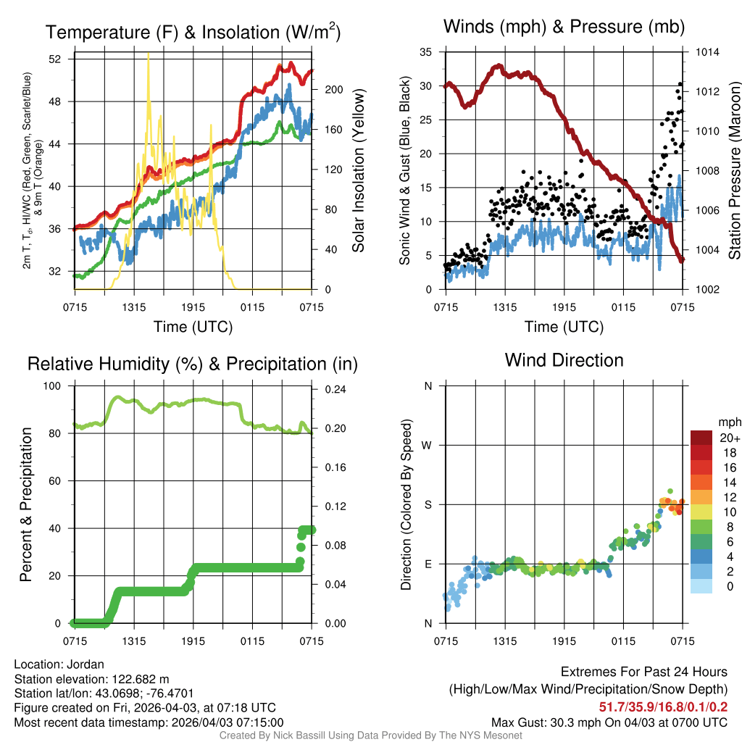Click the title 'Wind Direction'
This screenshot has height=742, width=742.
[x=564, y=360]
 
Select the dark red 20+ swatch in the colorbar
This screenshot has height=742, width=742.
[x=701, y=438]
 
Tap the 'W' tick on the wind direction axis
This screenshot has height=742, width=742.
[x=428, y=445]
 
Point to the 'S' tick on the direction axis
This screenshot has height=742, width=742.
[x=428, y=504]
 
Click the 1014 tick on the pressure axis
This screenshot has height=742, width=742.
[x=708, y=52]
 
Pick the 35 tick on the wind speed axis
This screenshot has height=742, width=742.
[x=426, y=52]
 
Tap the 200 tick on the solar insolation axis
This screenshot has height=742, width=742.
[x=330, y=90]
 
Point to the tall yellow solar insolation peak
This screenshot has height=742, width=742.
[x=149, y=58]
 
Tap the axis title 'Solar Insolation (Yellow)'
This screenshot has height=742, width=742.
[x=358, y=170]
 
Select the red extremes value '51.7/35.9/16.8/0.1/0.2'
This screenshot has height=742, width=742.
[x=663, y=706]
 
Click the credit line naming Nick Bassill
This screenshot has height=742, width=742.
[x=370, y=735]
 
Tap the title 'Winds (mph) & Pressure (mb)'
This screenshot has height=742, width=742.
[x=564, y=28]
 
